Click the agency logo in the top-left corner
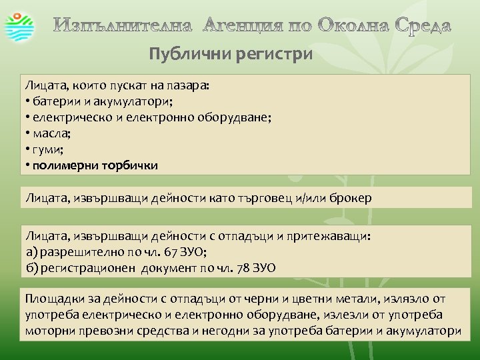click(22, 26)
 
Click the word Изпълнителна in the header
click(123, 27)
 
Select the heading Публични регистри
click(231, 54)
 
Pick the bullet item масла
click(50, 133)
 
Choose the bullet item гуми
click(48, 149)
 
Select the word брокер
click(349, 198)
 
